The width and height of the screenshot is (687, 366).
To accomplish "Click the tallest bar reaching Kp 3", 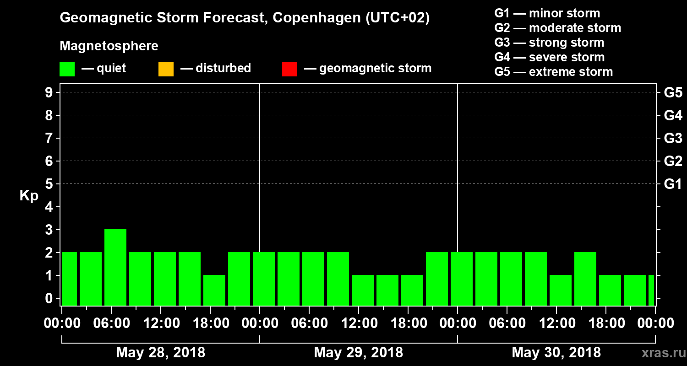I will click(x=115, y=267).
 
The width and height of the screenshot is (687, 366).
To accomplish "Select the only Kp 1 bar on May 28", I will click(x=214, y=290).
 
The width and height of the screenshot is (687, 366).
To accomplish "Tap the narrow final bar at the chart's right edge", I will click(x=651, y=290).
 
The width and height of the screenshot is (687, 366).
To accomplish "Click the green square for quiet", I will click(x=67, y=69).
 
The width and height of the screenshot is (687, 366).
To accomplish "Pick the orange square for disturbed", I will click(x=166, y=69).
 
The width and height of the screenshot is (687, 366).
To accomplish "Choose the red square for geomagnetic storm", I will click(x=289, y=69).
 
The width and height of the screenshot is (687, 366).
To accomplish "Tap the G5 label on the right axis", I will click(x=673, y=93).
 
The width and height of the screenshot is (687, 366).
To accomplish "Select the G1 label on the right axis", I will click(x=673, y=184).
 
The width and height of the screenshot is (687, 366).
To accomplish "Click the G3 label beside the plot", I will click(x=673, y=139).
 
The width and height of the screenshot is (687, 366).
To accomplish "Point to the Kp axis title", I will click(x=29, y=196).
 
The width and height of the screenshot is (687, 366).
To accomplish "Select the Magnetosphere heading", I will click(x=109, y=46).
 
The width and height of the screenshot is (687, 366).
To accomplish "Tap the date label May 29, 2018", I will click(x=359, y=353).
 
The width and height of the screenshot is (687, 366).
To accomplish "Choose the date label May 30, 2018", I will click(x=556, y=353).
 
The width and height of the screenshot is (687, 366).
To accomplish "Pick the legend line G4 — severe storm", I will click(x=550, y=57).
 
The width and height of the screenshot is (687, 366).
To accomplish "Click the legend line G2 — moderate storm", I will click(x=558, y=28).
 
